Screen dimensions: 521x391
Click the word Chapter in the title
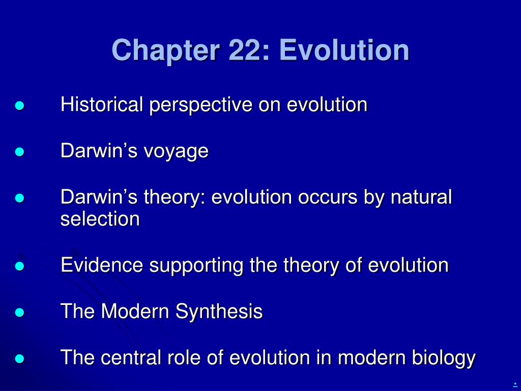pos(166,50)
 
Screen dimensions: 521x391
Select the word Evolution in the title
pos(344,50)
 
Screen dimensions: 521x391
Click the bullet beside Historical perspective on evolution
pos(20,106)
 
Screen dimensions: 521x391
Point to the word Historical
pos(102,104)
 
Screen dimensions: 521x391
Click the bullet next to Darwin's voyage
pos(20,152)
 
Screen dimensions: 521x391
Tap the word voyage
pos(176,152)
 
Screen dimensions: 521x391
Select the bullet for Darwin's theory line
pos(20,198)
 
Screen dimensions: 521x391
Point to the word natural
pos(421,197)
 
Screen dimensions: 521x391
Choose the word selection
pos(100,219)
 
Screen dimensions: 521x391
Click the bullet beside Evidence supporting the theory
pos(20,266)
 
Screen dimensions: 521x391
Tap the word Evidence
pos(102,265)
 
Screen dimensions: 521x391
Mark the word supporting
pos(196,266)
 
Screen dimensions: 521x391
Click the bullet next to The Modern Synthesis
pos(20,313)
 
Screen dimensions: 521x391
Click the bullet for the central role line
pos(20,359)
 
